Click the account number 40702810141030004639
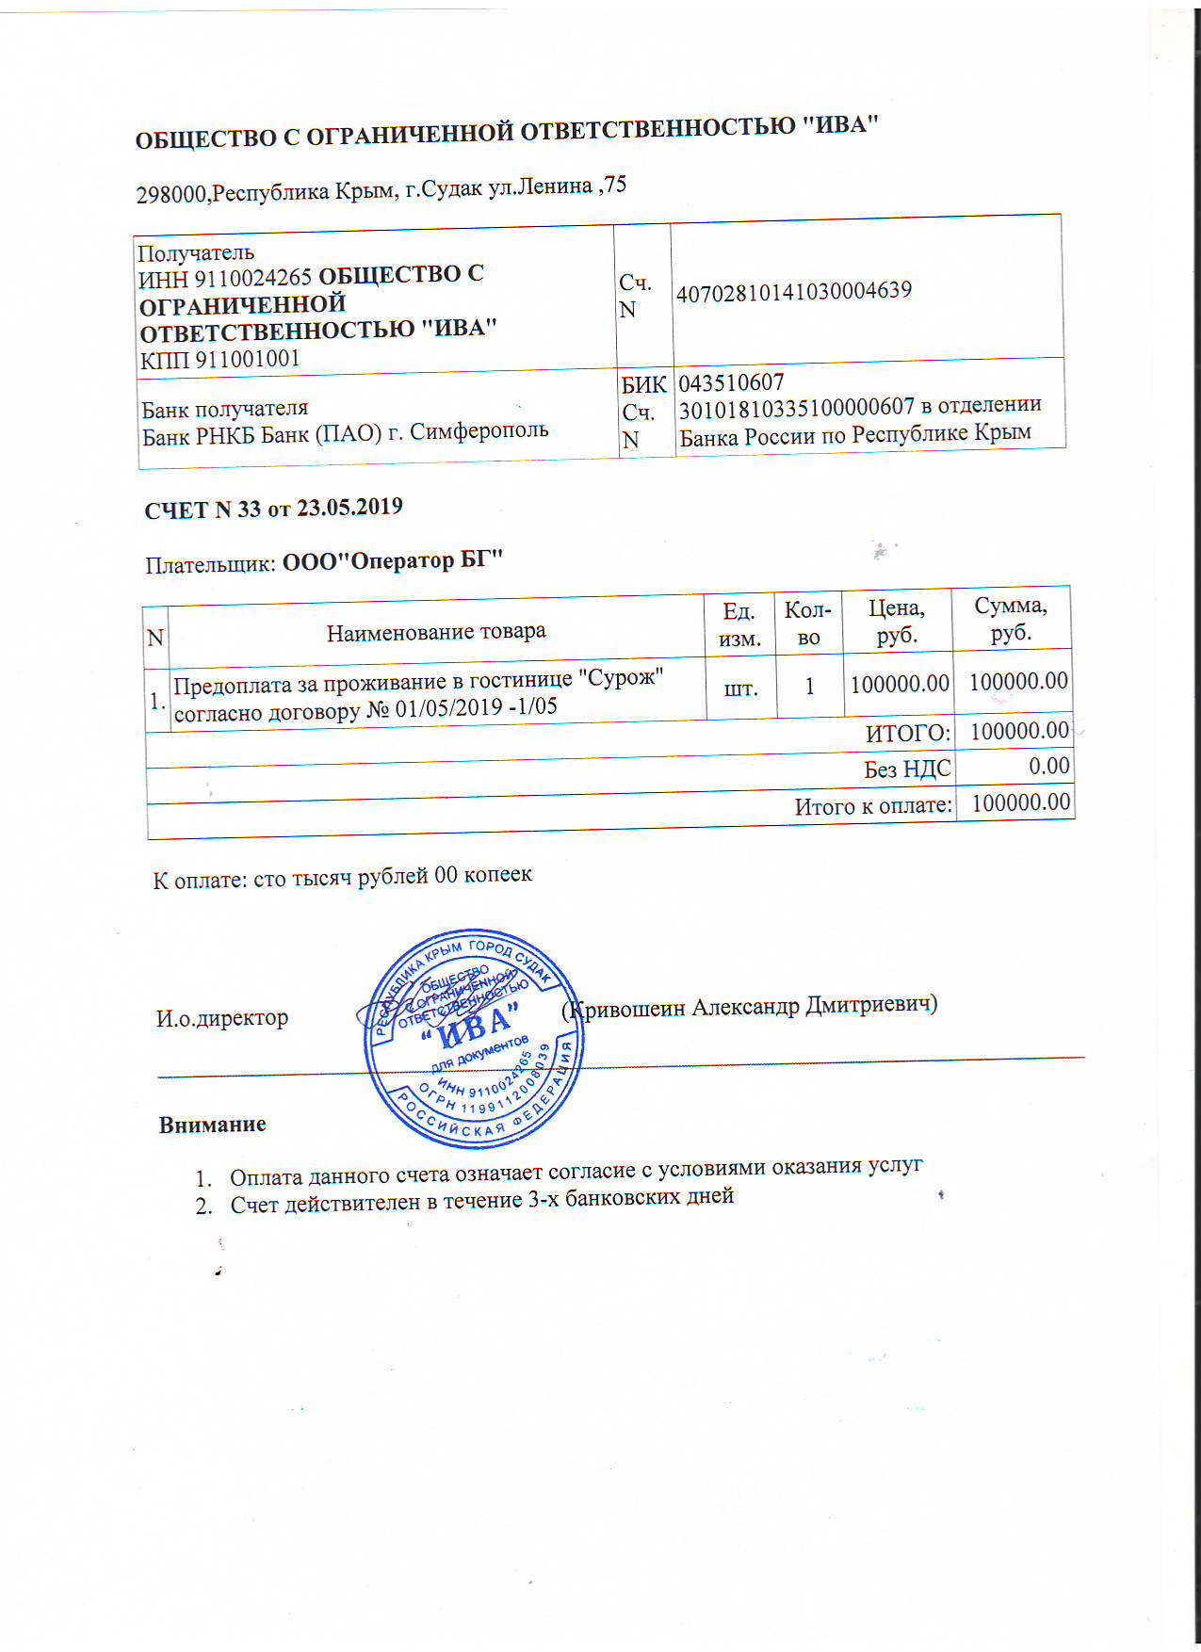(793, 291)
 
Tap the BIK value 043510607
(731, 382)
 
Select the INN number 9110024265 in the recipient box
(252, 279)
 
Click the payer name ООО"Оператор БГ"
(393, 560)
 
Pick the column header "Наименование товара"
(436, 631)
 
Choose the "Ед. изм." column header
(739, 624)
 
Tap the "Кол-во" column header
(808, 623)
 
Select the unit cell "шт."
(740, 688)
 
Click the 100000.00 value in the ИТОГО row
(1019, 730)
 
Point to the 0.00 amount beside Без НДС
(1048, 766)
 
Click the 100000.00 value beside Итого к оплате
(1020, 802)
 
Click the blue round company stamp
(475, 1039)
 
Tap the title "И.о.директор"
(222, 1018)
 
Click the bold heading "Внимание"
(213, 1125)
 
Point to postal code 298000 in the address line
(171, 194)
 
